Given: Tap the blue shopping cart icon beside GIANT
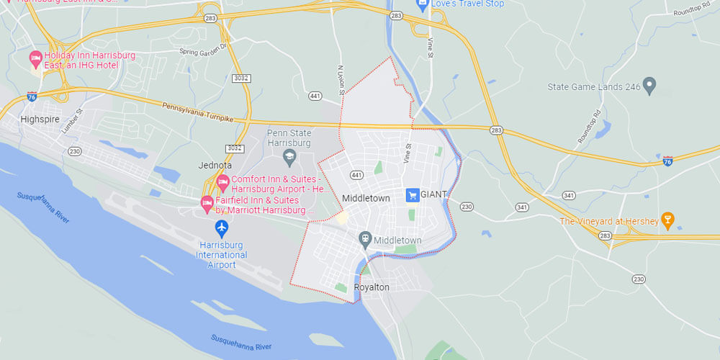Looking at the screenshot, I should pos(413,195).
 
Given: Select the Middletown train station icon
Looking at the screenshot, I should pos(366,239).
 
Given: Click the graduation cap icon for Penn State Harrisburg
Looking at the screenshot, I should pos(289,155).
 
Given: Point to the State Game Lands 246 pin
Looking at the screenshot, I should pos(649,86).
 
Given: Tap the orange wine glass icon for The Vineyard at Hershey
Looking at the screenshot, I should pos(667,220).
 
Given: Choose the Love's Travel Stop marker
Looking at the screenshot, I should pos(423,4).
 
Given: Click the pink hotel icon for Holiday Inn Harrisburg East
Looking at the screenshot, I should pos(35,59).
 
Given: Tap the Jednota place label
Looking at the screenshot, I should pos(214,166).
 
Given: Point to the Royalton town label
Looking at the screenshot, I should pos(372,287).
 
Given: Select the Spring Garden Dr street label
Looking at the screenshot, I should pos(204,49).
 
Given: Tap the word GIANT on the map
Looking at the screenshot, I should pos(434,194).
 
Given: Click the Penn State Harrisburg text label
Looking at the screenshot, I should pos(289,138).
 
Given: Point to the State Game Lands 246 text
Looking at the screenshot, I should pos(594,87).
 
